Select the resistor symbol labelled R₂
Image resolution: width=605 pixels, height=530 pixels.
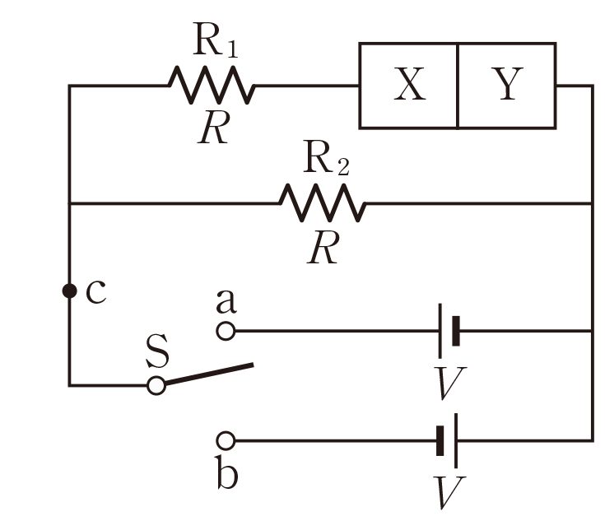coord(322,202)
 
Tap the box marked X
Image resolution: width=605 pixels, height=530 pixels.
coord(409,86)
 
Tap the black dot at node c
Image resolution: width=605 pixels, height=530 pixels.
coord(69,291)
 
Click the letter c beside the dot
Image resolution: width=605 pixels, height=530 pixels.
coord(95,291)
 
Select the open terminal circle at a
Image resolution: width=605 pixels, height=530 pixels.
coord(226,331)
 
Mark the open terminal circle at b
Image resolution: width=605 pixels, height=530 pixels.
coord(226,440)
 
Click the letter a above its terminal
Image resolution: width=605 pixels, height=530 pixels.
coord(226,302)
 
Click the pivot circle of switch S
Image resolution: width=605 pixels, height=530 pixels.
coord(156,384)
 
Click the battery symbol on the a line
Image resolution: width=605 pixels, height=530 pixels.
coord(449,331)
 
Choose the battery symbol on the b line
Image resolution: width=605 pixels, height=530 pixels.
coord(447,440)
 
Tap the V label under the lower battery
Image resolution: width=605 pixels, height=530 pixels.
coord(449,492)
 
